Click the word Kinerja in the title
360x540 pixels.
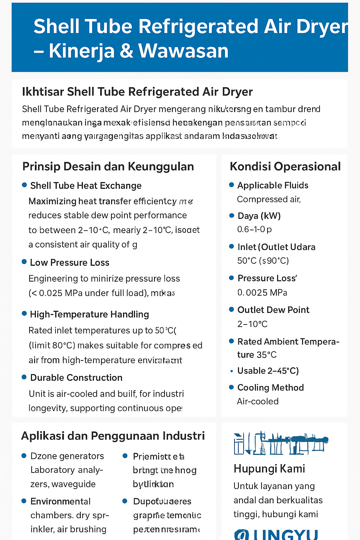[82, 51]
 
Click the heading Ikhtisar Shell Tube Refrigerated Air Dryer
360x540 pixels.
[137, 92]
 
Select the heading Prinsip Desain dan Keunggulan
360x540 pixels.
[108, 166]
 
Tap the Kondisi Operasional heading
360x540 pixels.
[285, 166]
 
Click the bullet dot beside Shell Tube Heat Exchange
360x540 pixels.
[24, 185]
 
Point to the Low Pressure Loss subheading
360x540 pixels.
[70, 263]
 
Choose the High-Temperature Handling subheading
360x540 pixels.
[89, 314]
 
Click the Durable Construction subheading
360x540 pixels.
[76, 378]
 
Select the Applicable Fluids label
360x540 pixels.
[273, 185]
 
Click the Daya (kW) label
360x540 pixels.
[259, 216]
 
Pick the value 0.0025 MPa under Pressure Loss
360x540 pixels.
[262, 292]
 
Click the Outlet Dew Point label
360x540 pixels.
[273, 310]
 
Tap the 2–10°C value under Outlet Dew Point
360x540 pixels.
[252, 324]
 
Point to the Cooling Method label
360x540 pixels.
[270, 387]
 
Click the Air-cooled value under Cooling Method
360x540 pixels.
[258, 401]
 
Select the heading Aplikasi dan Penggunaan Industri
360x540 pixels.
[113, 436]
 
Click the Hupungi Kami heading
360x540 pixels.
[269, 469]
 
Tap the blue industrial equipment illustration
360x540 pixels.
[281, 443]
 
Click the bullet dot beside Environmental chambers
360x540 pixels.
[24, 501]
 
